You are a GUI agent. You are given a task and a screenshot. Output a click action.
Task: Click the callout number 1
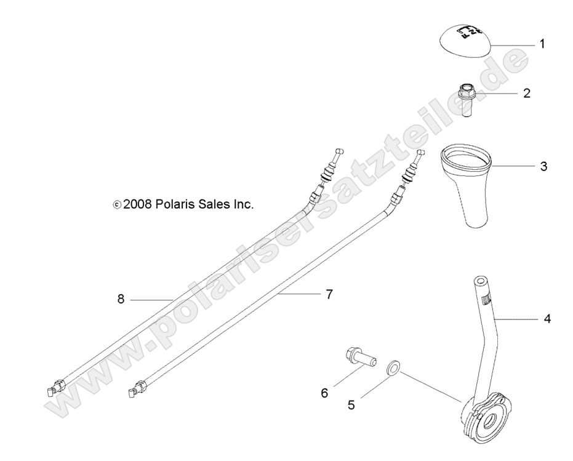pos(542,44)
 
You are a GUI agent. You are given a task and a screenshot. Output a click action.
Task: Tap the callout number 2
pos(527,94)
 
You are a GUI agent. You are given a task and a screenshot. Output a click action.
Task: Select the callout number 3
pos(543,166)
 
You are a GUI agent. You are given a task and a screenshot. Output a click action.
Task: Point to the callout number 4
pos(547,319)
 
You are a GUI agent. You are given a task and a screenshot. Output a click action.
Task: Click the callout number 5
pos(351,405)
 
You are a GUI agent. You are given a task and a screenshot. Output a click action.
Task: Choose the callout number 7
pos(329,295)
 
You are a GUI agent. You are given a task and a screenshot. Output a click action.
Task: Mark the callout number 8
pos(121,299)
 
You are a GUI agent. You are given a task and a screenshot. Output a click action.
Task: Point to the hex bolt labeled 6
pos(360,356)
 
